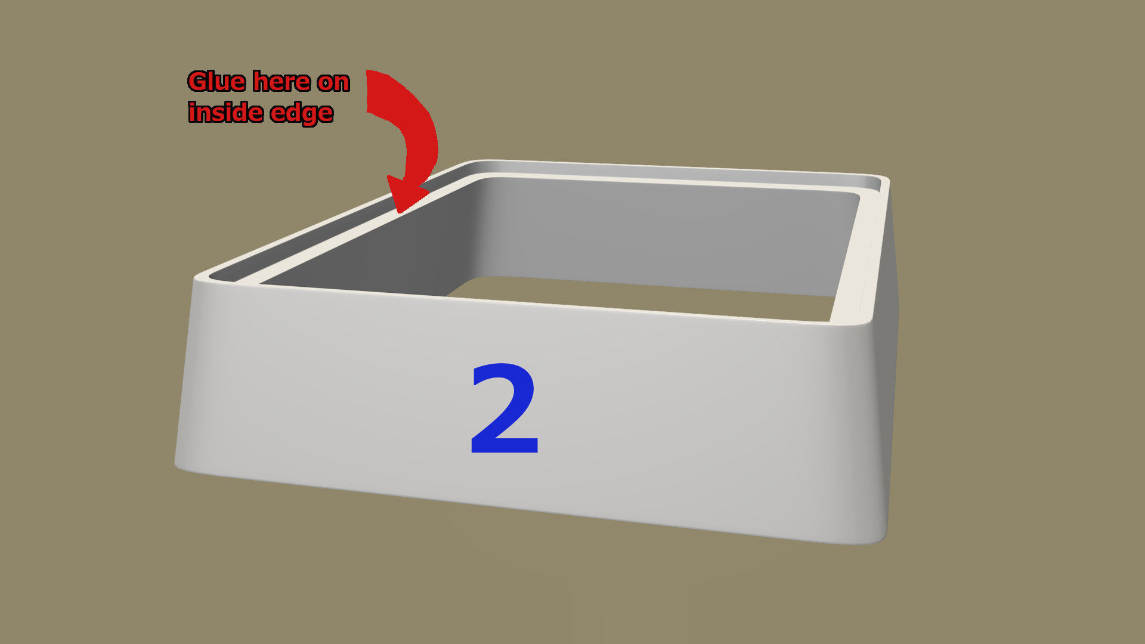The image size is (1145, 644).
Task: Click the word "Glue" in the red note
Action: pos(216,82)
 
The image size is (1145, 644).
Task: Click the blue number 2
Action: pos(505,409)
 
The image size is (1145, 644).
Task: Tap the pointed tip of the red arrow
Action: pos(399,212)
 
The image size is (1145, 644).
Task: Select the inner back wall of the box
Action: pos(668,239)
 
